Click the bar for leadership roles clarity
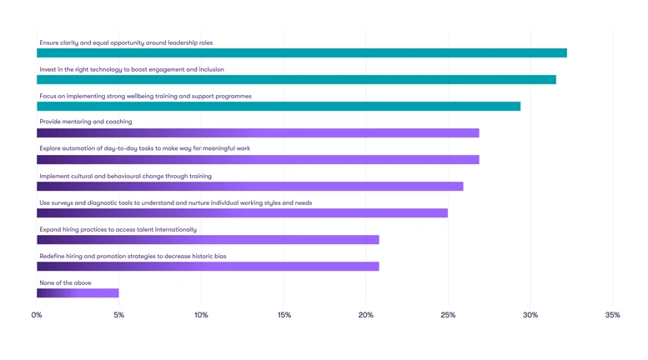point(301,53)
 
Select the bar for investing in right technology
point(296,80)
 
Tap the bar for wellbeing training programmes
point(279,107)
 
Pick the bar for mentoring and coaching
point(258,133)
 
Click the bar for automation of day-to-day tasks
point(258,160)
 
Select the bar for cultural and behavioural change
point(249,187)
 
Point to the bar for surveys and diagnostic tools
point(242,213)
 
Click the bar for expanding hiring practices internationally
point(208,240)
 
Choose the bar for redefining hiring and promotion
point(208,267)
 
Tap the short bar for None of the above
point(78,293)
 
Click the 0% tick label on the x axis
point(37,316)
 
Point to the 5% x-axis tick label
point(119,316)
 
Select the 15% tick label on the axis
point(284,316)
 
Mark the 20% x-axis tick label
point(365,316)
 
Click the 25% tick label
point(448,316)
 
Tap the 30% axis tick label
point(530,316)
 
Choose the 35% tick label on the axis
point(612,316)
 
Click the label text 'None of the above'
point(66,283)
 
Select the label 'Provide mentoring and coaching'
point(86,122)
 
